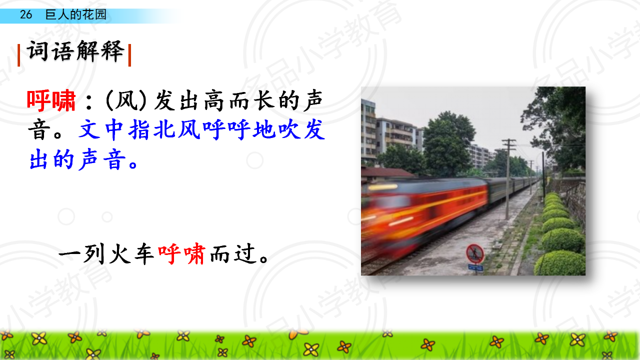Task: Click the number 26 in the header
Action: coord(25,14)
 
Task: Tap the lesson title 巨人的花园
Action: coord(75,14)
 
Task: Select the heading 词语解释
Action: coord(75,51)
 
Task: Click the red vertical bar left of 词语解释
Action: coord(19,55)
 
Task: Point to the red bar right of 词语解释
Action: coord(129,55)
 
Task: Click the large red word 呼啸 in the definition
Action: coord(51,100)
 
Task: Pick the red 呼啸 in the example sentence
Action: coord(181,254)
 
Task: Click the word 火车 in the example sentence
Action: coord(131,254)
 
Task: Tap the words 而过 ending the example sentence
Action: coord(232,254)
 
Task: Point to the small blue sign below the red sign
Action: coord(475,267)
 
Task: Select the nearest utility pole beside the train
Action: coord(508,179)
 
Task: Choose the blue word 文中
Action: coord(101,129)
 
